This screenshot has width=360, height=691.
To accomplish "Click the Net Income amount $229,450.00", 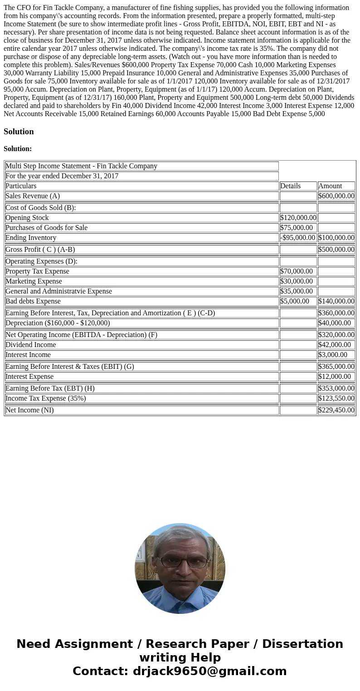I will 336,410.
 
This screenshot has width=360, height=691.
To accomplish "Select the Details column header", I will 291,186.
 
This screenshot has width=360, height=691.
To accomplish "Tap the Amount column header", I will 330,186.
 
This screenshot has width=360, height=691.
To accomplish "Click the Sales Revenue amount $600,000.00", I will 336,196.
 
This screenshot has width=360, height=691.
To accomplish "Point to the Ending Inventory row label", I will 31,238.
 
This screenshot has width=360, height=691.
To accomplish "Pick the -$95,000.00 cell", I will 298,238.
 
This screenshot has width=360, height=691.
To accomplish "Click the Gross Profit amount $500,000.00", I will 336,250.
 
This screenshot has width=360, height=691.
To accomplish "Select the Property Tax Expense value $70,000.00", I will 297,271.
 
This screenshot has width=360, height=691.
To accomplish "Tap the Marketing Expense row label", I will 34,281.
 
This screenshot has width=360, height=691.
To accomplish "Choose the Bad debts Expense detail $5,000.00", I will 295,301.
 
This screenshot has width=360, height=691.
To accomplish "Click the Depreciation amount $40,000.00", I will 335,323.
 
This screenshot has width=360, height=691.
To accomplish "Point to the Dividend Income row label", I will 31,345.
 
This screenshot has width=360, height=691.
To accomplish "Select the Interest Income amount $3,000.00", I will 333,355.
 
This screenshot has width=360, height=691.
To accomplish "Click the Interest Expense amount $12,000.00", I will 335,377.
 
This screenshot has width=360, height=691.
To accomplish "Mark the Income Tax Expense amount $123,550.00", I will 336,398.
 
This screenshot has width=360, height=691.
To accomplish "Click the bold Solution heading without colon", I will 19,132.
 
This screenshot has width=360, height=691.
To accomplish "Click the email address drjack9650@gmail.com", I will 209,671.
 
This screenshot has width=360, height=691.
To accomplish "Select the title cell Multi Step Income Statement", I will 82,166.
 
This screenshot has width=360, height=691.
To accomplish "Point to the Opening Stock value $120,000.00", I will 298,218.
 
